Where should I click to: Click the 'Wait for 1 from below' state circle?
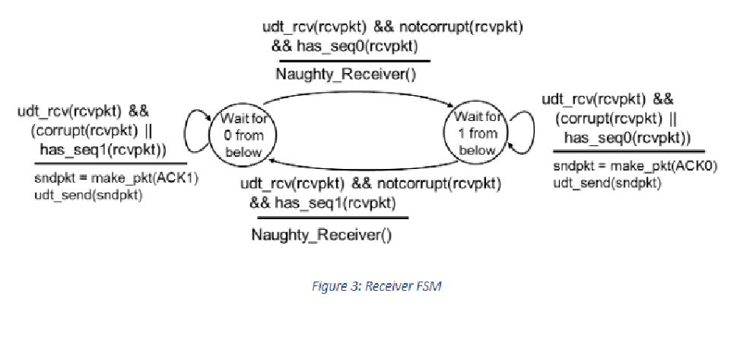(x=478, y=133)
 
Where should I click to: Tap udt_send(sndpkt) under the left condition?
(x=87, y=195)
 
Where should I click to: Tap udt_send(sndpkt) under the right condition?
(x=606, y=183)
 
